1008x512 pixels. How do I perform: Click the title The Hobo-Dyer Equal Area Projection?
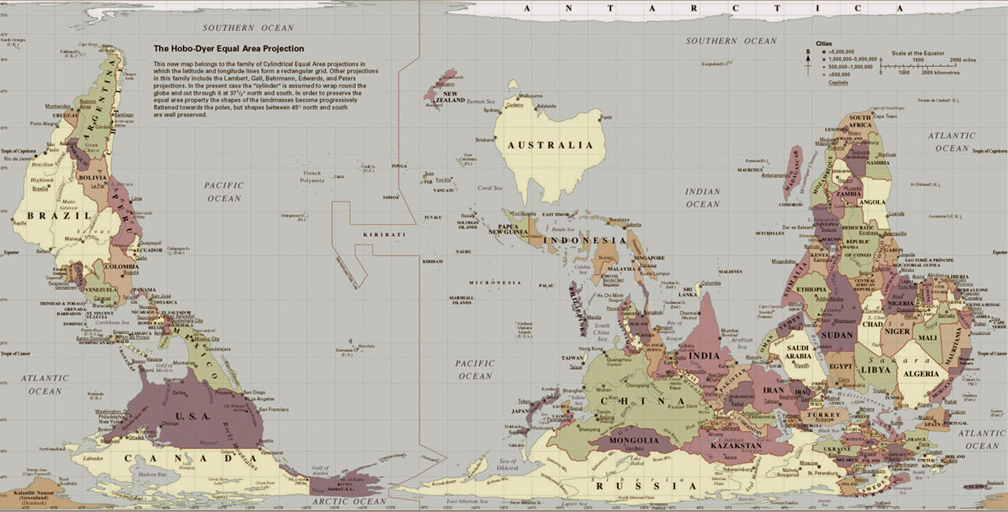point(229,49)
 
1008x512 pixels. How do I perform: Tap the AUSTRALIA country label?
point(550,145)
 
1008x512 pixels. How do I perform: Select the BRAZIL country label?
point(60,215)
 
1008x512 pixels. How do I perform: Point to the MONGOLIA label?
point(634,440)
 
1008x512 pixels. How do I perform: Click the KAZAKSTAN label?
point(736,445)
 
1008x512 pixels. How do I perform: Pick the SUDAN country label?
point(836,335)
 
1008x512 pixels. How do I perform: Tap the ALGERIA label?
point(920,374)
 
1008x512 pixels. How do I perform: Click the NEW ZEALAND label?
point(450,97)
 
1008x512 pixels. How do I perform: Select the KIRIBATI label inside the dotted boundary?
point(384,235)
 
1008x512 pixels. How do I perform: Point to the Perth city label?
point(606,118)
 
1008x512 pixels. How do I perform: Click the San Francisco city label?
point(273,409)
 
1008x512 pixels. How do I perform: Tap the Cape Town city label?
point(885,116)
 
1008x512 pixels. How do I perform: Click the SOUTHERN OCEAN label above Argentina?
point(248,28)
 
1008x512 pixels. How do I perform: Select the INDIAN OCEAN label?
point(703,198)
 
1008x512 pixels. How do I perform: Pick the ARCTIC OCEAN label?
point(349,501)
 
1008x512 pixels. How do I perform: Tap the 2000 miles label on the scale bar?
point(962,60)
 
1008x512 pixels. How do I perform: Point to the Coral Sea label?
point(489,188)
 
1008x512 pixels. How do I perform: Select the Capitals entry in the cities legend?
point(838,83)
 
